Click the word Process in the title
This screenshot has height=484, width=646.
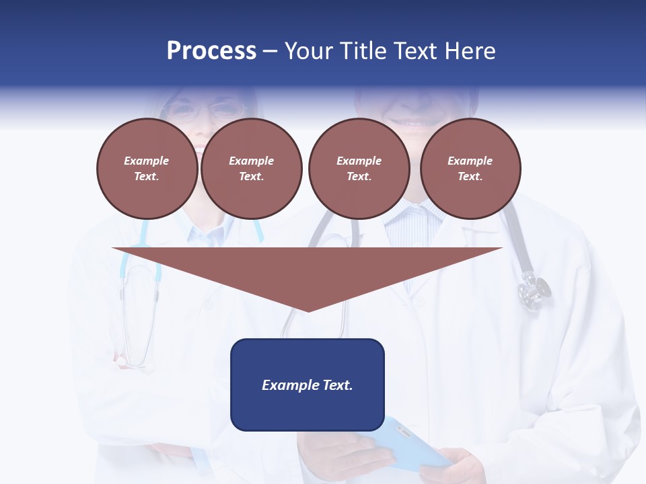(211, 51)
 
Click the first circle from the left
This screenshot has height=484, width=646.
(147, 169)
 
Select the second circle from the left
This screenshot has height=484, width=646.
(252, 169)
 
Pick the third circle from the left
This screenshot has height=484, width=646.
(359, 169)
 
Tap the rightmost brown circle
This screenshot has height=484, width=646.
(470, 169)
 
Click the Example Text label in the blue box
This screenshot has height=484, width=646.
(308, 385)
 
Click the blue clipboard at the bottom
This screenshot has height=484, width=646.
(410, 444)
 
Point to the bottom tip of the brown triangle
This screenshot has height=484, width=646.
(308, 310)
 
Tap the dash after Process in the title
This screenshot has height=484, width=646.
(271, 52)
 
